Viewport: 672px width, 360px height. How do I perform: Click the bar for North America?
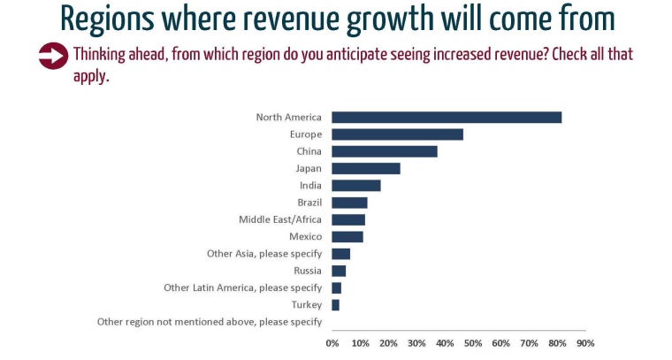click(x=447, y=117)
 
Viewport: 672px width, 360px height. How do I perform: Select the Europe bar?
click(x=397, y=134)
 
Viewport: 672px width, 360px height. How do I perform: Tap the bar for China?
click(x=385, y=151)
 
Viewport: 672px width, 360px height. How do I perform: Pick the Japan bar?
click(x=366, y=168)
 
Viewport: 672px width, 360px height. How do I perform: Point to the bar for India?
click(x=356, y=186)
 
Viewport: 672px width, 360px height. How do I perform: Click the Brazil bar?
click(x=349, y=203)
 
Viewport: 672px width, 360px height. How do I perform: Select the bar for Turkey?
click(x=336, y=305)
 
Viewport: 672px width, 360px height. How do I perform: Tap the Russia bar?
click(x=339, y=271)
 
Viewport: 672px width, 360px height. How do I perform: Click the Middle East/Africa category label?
click(x=280, y=219)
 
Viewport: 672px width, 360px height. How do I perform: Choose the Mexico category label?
click(x=305, y=237)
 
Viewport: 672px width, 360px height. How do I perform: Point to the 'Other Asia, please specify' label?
click(x=264, y=254)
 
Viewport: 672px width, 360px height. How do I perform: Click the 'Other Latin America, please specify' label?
click(x=243, y=288)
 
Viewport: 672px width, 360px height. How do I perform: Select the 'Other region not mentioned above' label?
click(x=210, y=322)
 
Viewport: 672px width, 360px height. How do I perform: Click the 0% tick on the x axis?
click(x=332, y=343)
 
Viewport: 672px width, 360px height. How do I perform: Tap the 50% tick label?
click(x=473, y=343)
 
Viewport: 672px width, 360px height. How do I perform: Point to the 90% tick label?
click(x=585, y=343)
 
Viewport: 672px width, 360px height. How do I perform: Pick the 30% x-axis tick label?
click(x=416, y=343)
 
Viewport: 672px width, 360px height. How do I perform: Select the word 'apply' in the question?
click(x=88, y=76)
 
